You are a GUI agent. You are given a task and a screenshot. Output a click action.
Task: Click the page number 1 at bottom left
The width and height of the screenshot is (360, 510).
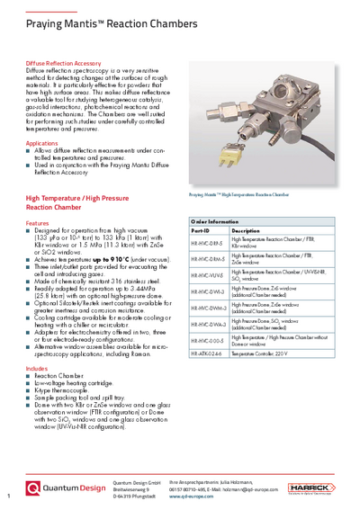[7, 496]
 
